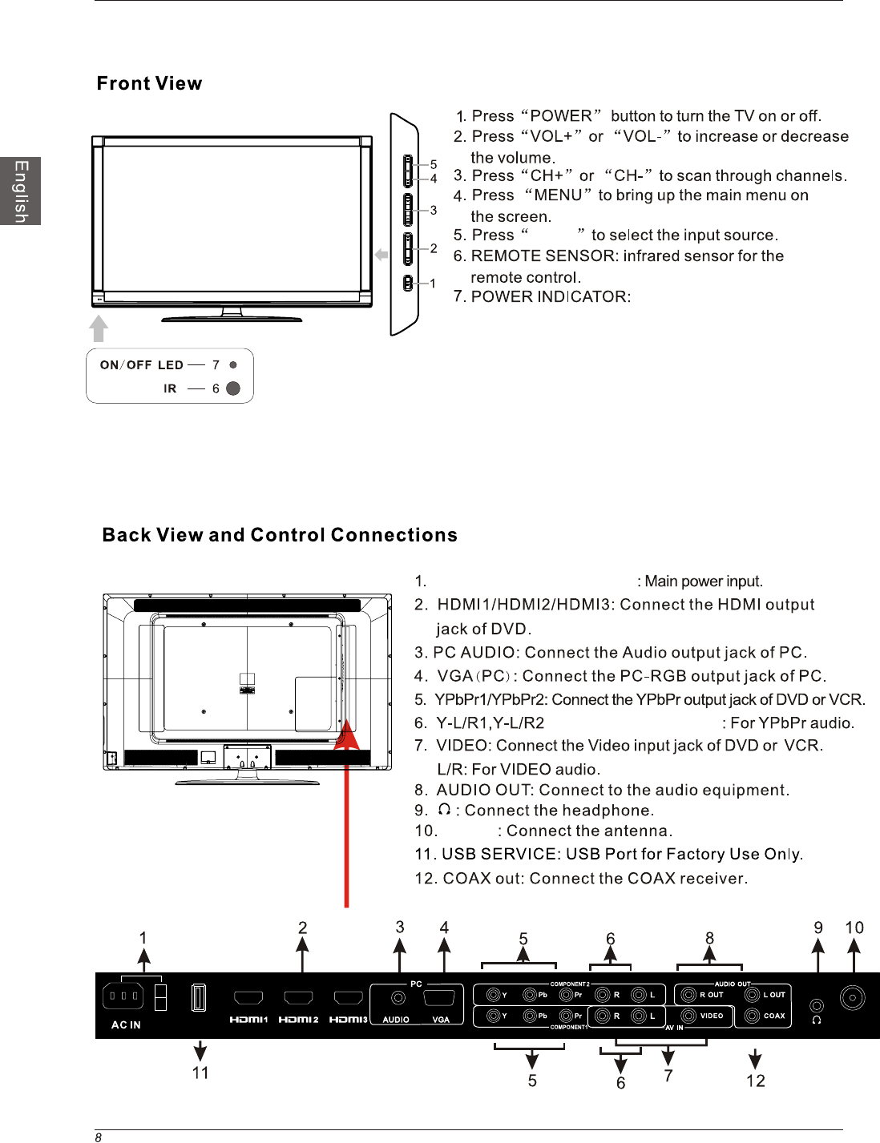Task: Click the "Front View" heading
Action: click(149, 83)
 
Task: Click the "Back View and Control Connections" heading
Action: click(280, 535)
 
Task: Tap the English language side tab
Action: click(21, 191)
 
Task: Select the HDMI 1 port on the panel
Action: click(248, 998)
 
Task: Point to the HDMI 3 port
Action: click(349, 998)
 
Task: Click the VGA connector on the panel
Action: click(440, 998)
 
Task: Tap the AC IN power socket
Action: click(123, 996)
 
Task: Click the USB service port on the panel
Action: click(199, 997)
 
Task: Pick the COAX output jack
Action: click(753, 1016)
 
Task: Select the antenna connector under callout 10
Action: click(852, 998)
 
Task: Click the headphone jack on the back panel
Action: click(817, 1006)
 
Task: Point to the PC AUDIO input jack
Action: click(398, 998)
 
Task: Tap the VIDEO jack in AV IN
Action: click(688, 1016)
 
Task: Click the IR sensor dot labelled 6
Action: click(233, 388)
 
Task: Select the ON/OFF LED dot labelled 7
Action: click(233, 364)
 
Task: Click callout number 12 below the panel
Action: click(755, 1081)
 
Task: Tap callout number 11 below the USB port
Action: click(200, 1073)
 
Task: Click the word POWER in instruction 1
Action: click(561, 116)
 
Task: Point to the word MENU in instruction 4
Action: click(558, 195)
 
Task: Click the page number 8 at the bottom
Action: click(98, 1137)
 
